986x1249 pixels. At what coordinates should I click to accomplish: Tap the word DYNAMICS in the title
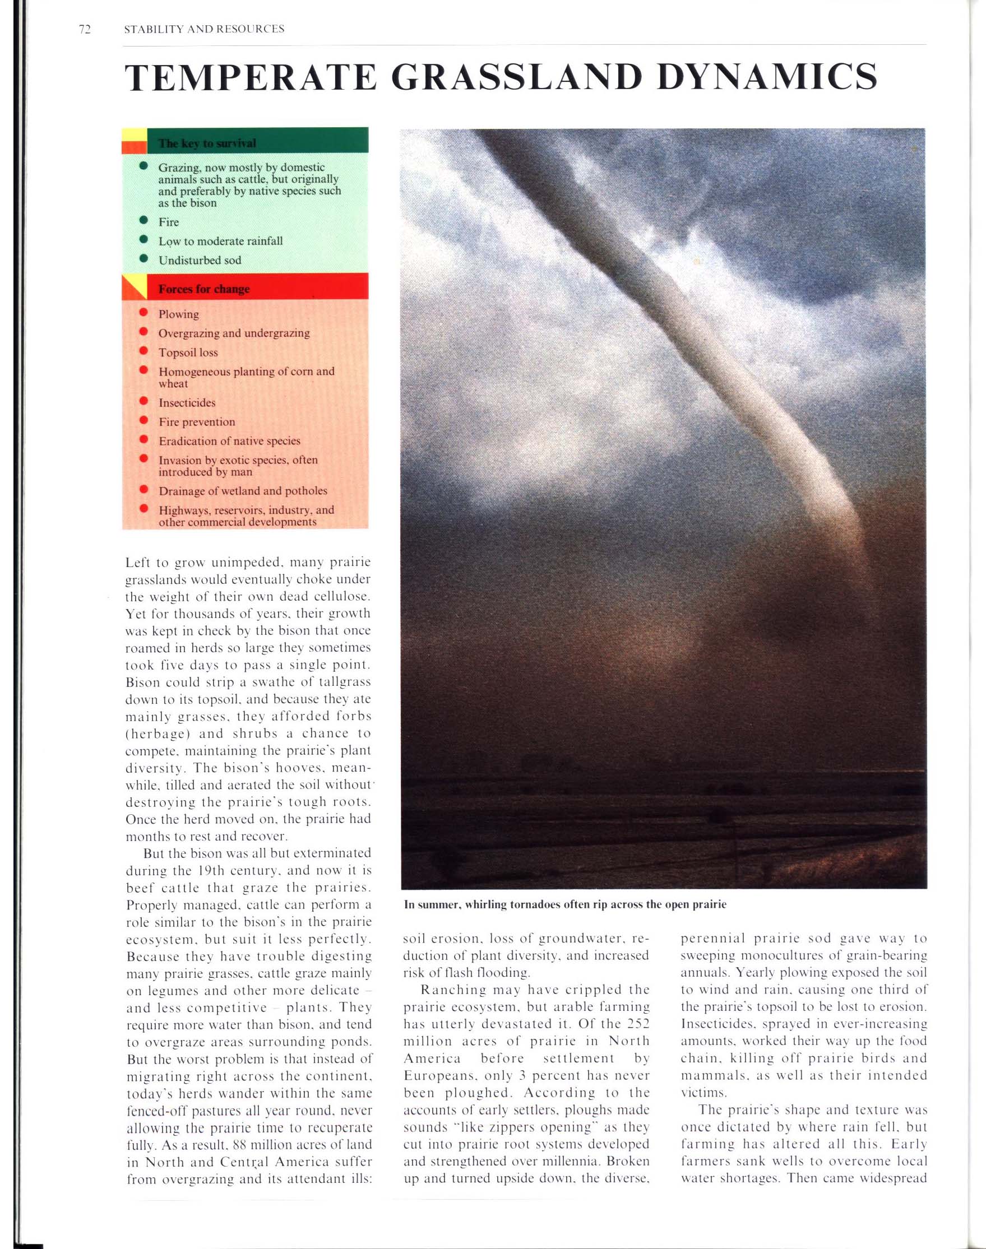tap(767, 77)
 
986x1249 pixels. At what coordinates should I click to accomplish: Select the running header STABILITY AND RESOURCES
tap(204, 29)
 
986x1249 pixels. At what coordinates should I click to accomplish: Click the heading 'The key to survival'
tap(207, 143)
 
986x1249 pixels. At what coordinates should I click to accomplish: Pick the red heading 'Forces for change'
tap(204, 289)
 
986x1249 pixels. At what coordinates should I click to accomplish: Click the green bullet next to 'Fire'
tap(143, 221)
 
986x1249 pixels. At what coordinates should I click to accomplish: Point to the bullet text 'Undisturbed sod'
tap(200, 260)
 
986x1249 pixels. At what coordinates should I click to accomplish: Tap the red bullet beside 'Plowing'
tap(143, 313)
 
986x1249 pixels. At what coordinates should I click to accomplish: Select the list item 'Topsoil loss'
tap(188, 352)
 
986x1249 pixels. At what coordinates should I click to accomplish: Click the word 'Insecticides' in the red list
tap(187, 403)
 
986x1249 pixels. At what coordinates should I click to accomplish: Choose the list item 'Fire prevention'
tap(197, 422)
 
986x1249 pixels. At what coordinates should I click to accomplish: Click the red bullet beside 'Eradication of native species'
tap(143, 440)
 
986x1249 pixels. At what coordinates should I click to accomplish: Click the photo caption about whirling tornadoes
tap(564, 904)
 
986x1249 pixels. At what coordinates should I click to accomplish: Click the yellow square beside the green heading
tap(134, 134)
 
